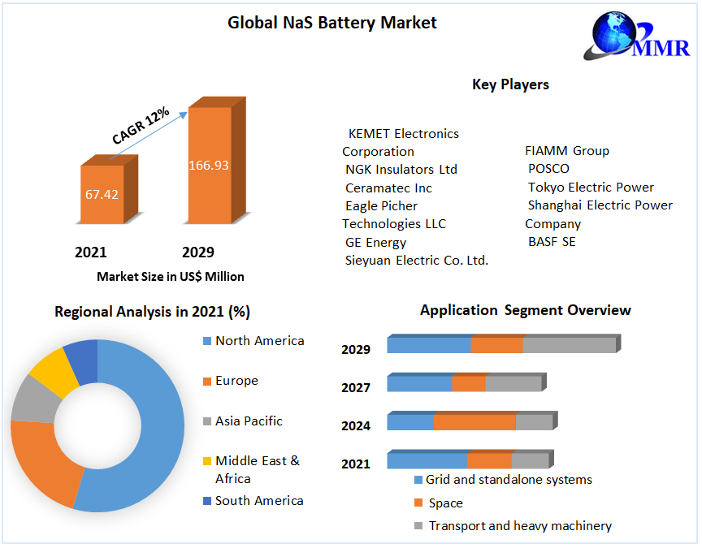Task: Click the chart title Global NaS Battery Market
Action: (331, 23)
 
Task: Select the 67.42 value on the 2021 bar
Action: (102, 194)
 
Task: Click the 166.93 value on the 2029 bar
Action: (209, 165)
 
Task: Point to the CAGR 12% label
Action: (141, 127)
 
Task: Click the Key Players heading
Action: (510, 84)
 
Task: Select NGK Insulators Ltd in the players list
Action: (401, 170)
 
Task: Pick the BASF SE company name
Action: (552, 242)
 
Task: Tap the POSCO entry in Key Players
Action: (548, 169)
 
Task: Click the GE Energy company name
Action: (375, 242)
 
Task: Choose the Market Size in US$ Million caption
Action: (170, 276)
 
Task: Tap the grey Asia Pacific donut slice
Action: (30, 400)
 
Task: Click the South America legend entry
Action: (258, 501)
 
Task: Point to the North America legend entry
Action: (259, 341)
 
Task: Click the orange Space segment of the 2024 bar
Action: (474, 422)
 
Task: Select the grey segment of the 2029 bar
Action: (569, 345)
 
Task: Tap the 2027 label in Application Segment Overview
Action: (356, 388)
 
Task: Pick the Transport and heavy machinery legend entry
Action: (519, 526)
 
